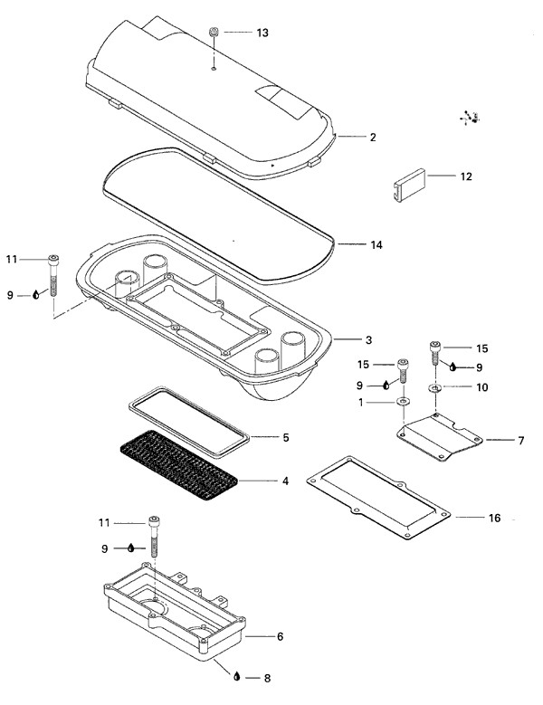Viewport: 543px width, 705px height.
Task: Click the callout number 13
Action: pyautogui.click(x=262, y=33)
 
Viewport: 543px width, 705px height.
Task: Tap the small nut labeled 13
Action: pyautogui.click(x=214, y=33)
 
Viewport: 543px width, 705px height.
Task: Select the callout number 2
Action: pyautogui.click(x=373, y=138)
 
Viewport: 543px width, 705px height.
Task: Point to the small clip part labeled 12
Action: pyautogui.click(x=409, y=186)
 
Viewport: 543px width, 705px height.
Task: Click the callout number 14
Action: pyautogui.click(x=376, y=245)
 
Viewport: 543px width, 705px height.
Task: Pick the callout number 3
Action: pyautogui.click(x=368, y=340)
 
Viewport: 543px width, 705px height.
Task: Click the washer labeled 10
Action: pyautogui.click(x=434, y=387)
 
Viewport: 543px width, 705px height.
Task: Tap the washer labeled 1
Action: pyautogui.click(x=403, y=401)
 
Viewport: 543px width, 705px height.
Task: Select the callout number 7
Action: pyautogui.click(x=521, y=440)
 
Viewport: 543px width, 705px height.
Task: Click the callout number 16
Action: pyautogui.click(x=494, y=518)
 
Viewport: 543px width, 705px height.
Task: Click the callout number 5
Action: pyautogui.click(x=285, y=437)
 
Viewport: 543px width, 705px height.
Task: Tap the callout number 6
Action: pyautogui.click(x=280, y=636)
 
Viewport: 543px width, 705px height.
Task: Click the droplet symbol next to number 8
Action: pyautogui.click(x=237, y=676)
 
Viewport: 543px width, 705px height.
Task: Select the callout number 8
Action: pyautogui.click(x=267, y=678)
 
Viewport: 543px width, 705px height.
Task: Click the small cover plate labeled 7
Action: pyautogui.click(x=440, y=437)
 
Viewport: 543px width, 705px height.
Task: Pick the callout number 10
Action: pyautogui.click(x=481, y=387)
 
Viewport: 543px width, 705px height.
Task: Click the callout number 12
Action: pyautogui.click(x=466, y=176)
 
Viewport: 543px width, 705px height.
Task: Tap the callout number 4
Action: pyautogui.click(x=285, y=481)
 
